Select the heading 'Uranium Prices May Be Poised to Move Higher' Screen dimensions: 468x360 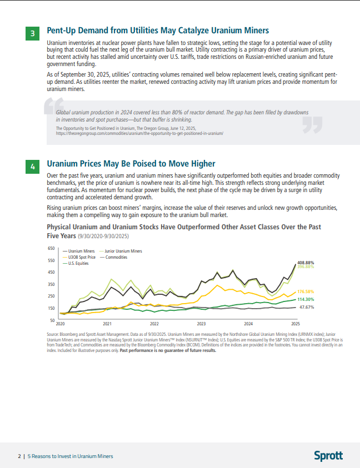pyautogui.click(x=131, y=164)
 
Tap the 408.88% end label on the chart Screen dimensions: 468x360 pyautogui.click(x=306, y=262)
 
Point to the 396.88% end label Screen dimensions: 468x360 pyautogui.click(x=306, y=267)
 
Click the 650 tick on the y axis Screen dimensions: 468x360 pyautogui.click(x=51, y=249)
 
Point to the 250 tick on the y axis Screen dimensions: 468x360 pyautogui.click(x=51, y=296)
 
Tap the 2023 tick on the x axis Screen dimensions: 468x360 pyautogui.click(x=202, y=323)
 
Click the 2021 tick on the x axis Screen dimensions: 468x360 pyautogui.click(x=107, y=323)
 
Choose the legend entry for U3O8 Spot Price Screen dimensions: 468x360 pyautogui.click(x=82, y=258)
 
